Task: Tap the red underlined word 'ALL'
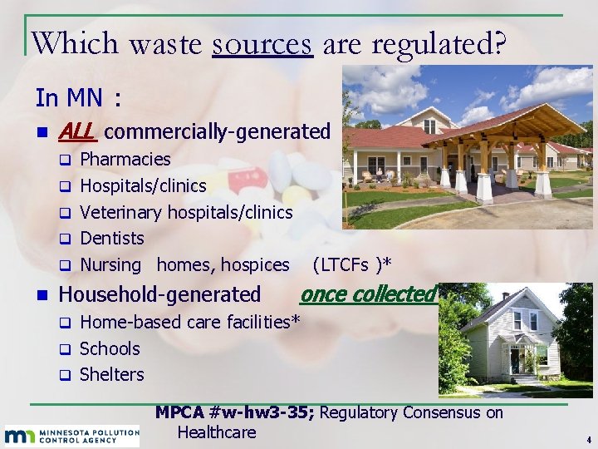coord(77,131)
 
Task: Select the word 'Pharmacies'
coord(125,159)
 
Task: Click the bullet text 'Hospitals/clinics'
coord(143,185)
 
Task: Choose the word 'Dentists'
coord(112,239)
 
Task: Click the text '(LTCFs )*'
coord(351,265)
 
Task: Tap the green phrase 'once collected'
coord(368,294)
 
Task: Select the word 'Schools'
coord(110,348)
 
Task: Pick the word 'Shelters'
coord(111,375)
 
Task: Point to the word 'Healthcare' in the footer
coord(216,432)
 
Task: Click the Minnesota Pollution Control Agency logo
coord(71,435)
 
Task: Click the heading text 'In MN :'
coord(79,98)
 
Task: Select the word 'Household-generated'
coord(159,294)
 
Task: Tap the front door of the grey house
coord(516,361)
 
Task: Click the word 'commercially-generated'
coord(218,131)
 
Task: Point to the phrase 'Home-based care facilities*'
coord(189,322)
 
